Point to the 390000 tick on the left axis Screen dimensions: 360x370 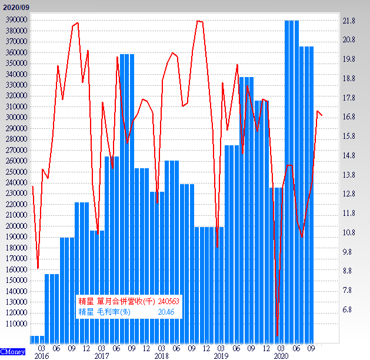click(x=14, y=19)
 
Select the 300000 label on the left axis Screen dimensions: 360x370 click(x=14, y=117)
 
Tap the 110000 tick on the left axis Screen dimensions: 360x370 click(x=14, y=324)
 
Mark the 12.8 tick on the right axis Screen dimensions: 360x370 click(x=349, y=194)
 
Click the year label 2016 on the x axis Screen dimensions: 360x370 click(x=41, y=356)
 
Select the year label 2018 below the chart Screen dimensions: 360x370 click(x=161, y=356)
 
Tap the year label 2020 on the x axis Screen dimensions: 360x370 click(x=281, y=356)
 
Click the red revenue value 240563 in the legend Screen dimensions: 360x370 click(x=168, y=301)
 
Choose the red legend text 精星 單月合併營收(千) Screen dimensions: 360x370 click(x=116, y=301)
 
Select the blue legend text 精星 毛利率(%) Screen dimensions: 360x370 click(x=104, y=312)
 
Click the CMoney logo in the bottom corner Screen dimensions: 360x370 click(x=12, y=352)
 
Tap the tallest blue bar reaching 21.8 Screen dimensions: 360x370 click(x=292, y=176)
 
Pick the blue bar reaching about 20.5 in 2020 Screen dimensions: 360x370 click(x=306, y=188)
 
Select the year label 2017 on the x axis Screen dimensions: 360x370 click(x=101, y=356)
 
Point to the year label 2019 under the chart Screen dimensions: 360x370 click(x=221, y=356)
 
